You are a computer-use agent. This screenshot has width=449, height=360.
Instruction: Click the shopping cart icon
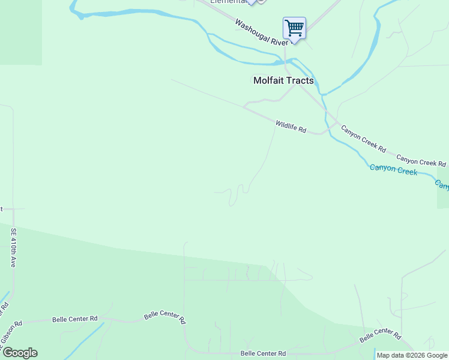click(294, 28)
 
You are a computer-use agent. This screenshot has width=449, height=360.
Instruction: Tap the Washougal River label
click(262, 33)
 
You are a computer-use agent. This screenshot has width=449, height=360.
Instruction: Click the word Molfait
click(268, 80)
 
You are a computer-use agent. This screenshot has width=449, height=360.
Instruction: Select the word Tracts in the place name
click(300, 80)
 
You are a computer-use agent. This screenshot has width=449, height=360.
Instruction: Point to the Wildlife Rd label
click(291, 127)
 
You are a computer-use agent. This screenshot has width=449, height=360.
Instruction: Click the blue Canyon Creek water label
click(393, 170)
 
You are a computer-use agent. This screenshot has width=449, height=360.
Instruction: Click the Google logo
click(20, 352)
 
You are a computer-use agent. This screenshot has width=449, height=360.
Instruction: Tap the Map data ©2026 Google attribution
click(412, 356)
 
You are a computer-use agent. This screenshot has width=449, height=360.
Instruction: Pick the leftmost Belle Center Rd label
click(74, 319)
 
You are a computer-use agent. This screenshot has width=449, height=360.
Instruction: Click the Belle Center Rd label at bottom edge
click(264, 353)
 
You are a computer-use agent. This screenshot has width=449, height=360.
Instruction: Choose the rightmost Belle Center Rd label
click(379, 335)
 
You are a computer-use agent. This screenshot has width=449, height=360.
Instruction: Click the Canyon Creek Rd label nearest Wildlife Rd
click(363, 139)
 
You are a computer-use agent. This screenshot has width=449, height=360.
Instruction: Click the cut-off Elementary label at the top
click(228, 2)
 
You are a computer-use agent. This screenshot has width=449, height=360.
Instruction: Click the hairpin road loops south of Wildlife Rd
click(234, 193)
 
